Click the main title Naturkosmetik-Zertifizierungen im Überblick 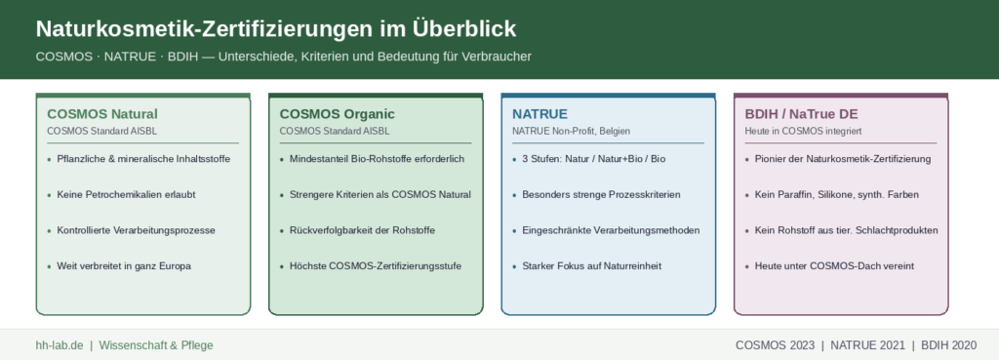click(276, 29)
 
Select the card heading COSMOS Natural click(102, 114)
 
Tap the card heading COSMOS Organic click(337, 114)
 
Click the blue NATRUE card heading click(539, 114)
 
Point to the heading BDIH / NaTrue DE click(802, 114)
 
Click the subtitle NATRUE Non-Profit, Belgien click(571, 132)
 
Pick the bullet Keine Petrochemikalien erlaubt click(126, 195)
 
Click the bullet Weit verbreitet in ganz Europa click(124, 266)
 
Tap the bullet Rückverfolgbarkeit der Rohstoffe click(362, 230)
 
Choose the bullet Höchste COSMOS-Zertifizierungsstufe click(376, 266)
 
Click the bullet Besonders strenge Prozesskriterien click(601, 195)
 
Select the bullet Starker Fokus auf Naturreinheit click(591, 266)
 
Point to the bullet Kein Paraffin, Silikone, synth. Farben click(836, 195)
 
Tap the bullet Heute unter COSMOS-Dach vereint click(834, 266)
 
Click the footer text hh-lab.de click(60, 345)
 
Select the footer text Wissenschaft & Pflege click(156, 345)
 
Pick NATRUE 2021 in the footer click(867, 345)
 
